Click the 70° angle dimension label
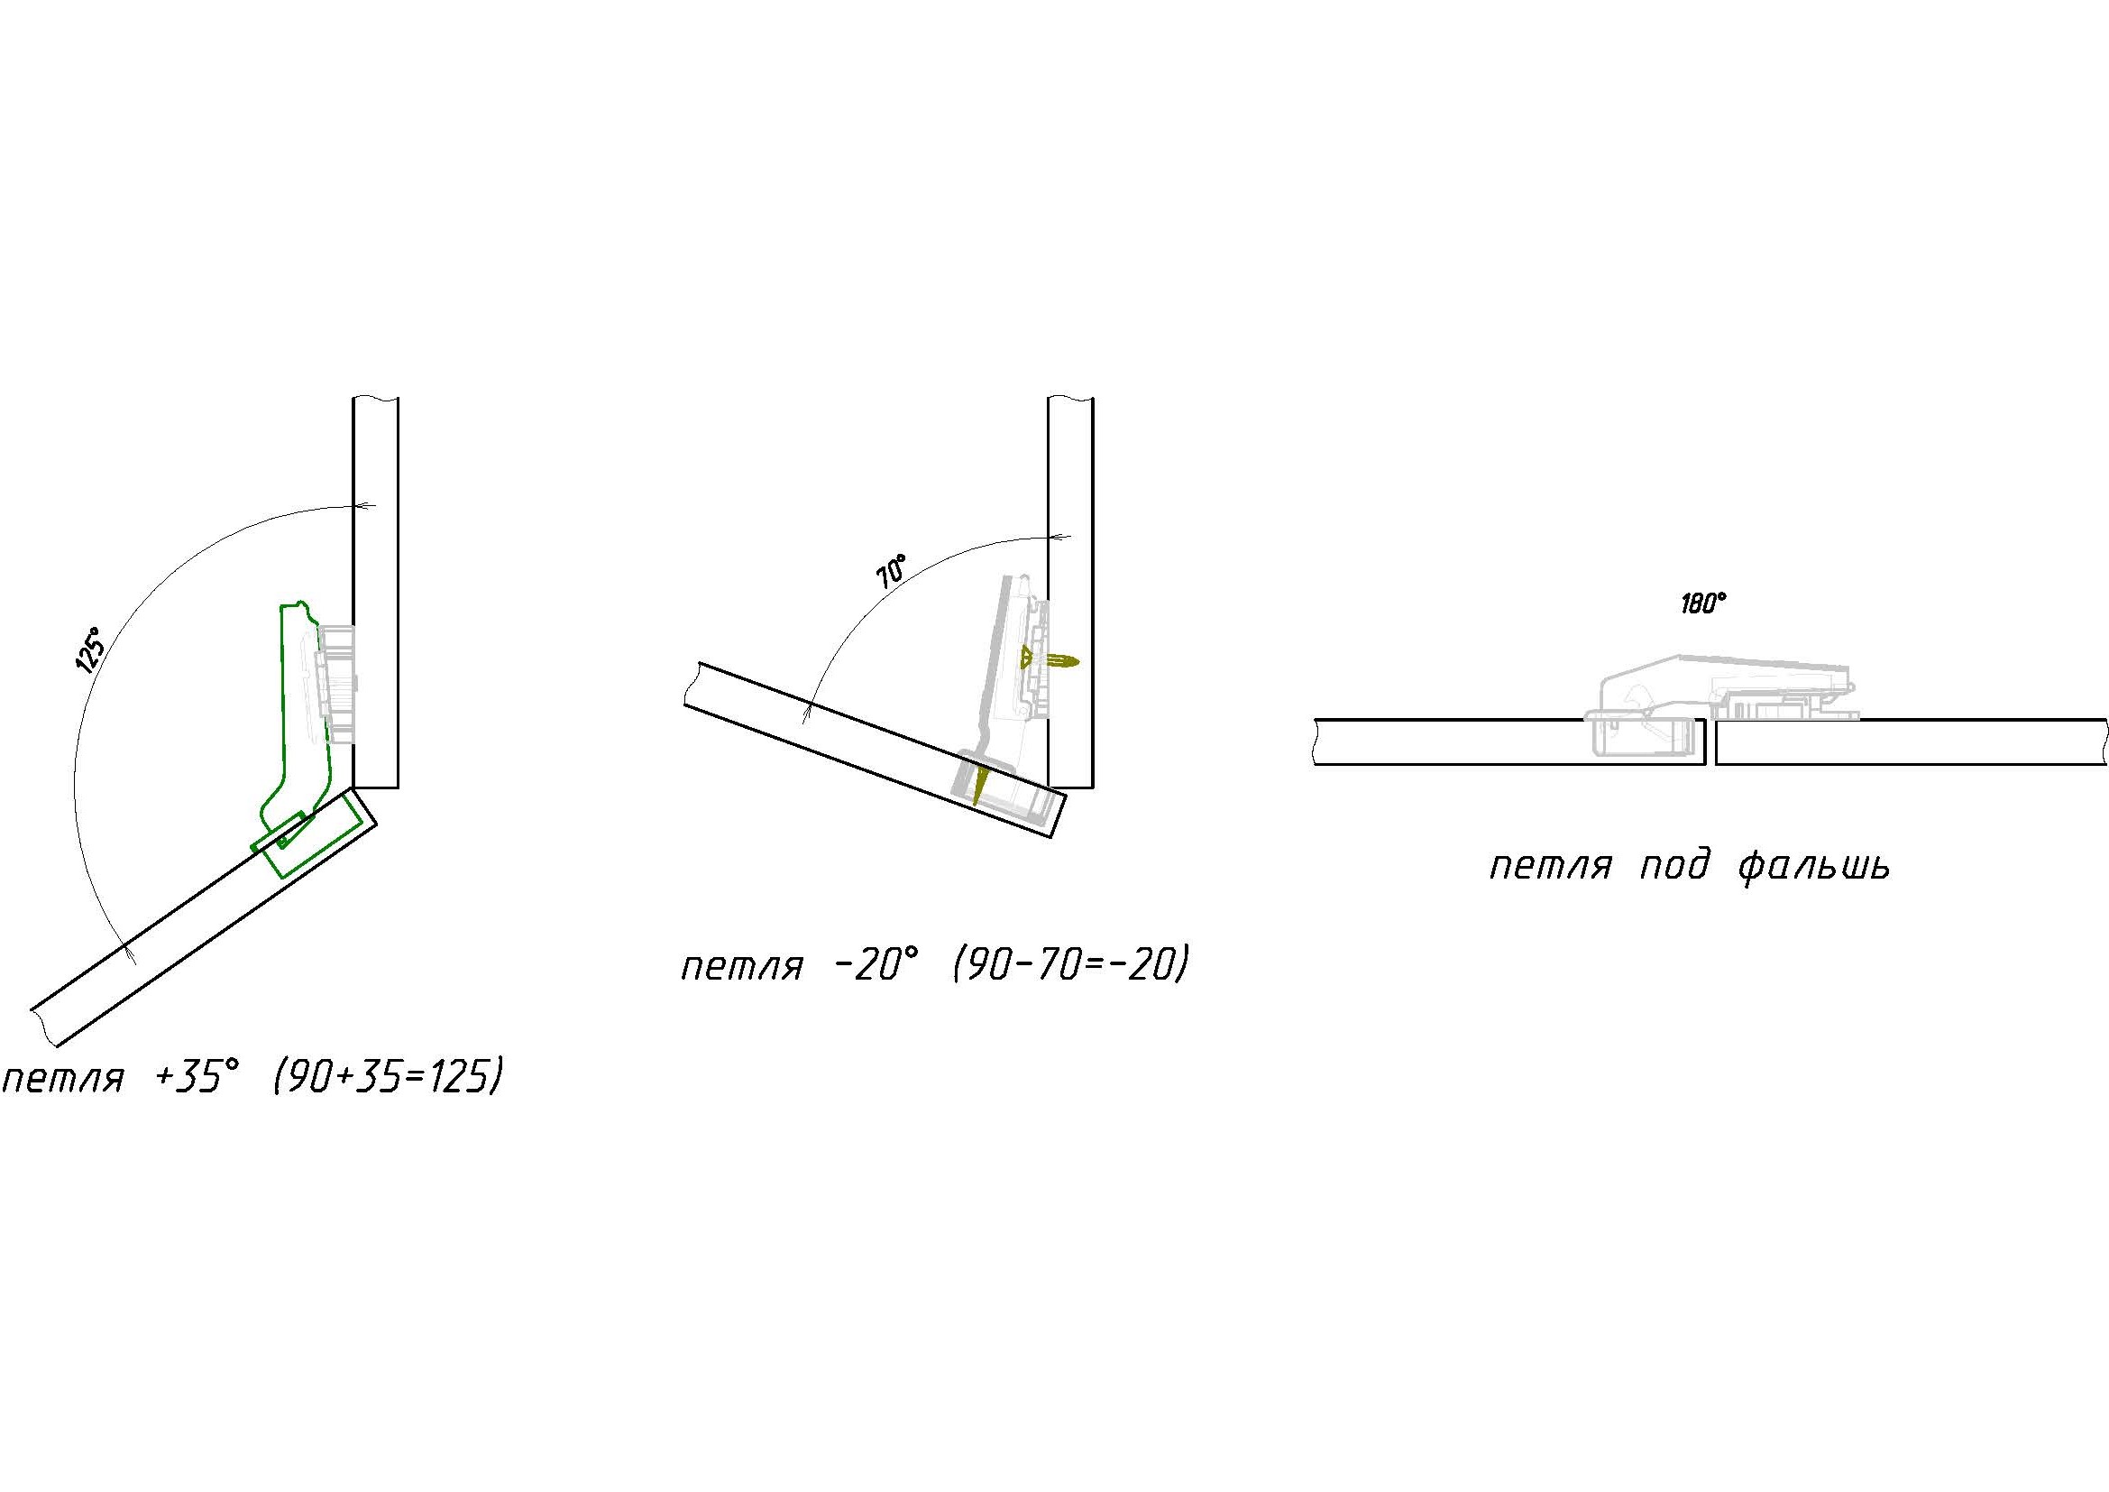coord(891,571)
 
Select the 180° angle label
coord(1704,603)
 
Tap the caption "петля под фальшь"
coord(1689,866)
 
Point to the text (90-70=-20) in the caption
coord(1071,965)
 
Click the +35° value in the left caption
coord(197,1076)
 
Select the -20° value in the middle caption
coord(877,965)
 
